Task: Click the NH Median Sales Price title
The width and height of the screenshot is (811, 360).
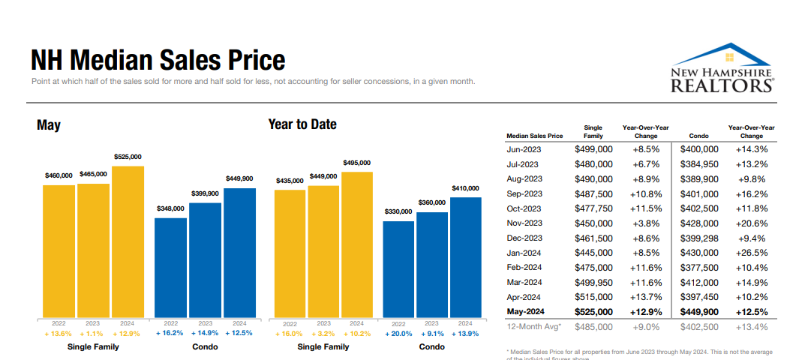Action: [x=158, y=60]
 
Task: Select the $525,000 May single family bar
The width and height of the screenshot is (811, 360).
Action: [x=128, y=240]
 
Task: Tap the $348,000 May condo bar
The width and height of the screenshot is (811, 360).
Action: [x=170, y=266]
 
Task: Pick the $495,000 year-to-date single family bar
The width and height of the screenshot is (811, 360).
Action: [x=356, y=243]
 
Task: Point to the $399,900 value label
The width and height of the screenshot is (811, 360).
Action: [x=205, y=193]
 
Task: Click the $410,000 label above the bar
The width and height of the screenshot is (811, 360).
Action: [x=465, y=187]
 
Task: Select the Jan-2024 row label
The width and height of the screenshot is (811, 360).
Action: [x=524, y=253]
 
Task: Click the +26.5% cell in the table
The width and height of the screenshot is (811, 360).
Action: [x=751, y=253]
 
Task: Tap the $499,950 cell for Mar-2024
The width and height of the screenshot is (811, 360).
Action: [x=593, y=283]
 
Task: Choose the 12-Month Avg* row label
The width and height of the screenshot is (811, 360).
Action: [x=535, y=327]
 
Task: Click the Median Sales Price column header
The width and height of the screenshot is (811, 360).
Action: [x=534, y=136]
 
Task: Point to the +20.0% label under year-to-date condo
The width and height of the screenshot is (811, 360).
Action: [x=398, y=333]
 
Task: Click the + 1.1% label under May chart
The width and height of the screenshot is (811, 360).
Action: [x=93, y=333]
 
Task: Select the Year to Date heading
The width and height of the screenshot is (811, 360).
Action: [x=302, y=124]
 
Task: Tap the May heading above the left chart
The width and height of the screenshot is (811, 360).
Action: [x=49, y=125]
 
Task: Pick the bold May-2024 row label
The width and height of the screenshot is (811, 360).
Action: [x=526, y=312]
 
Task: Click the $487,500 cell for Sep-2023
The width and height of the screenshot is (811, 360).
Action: [x=593, y=193]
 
